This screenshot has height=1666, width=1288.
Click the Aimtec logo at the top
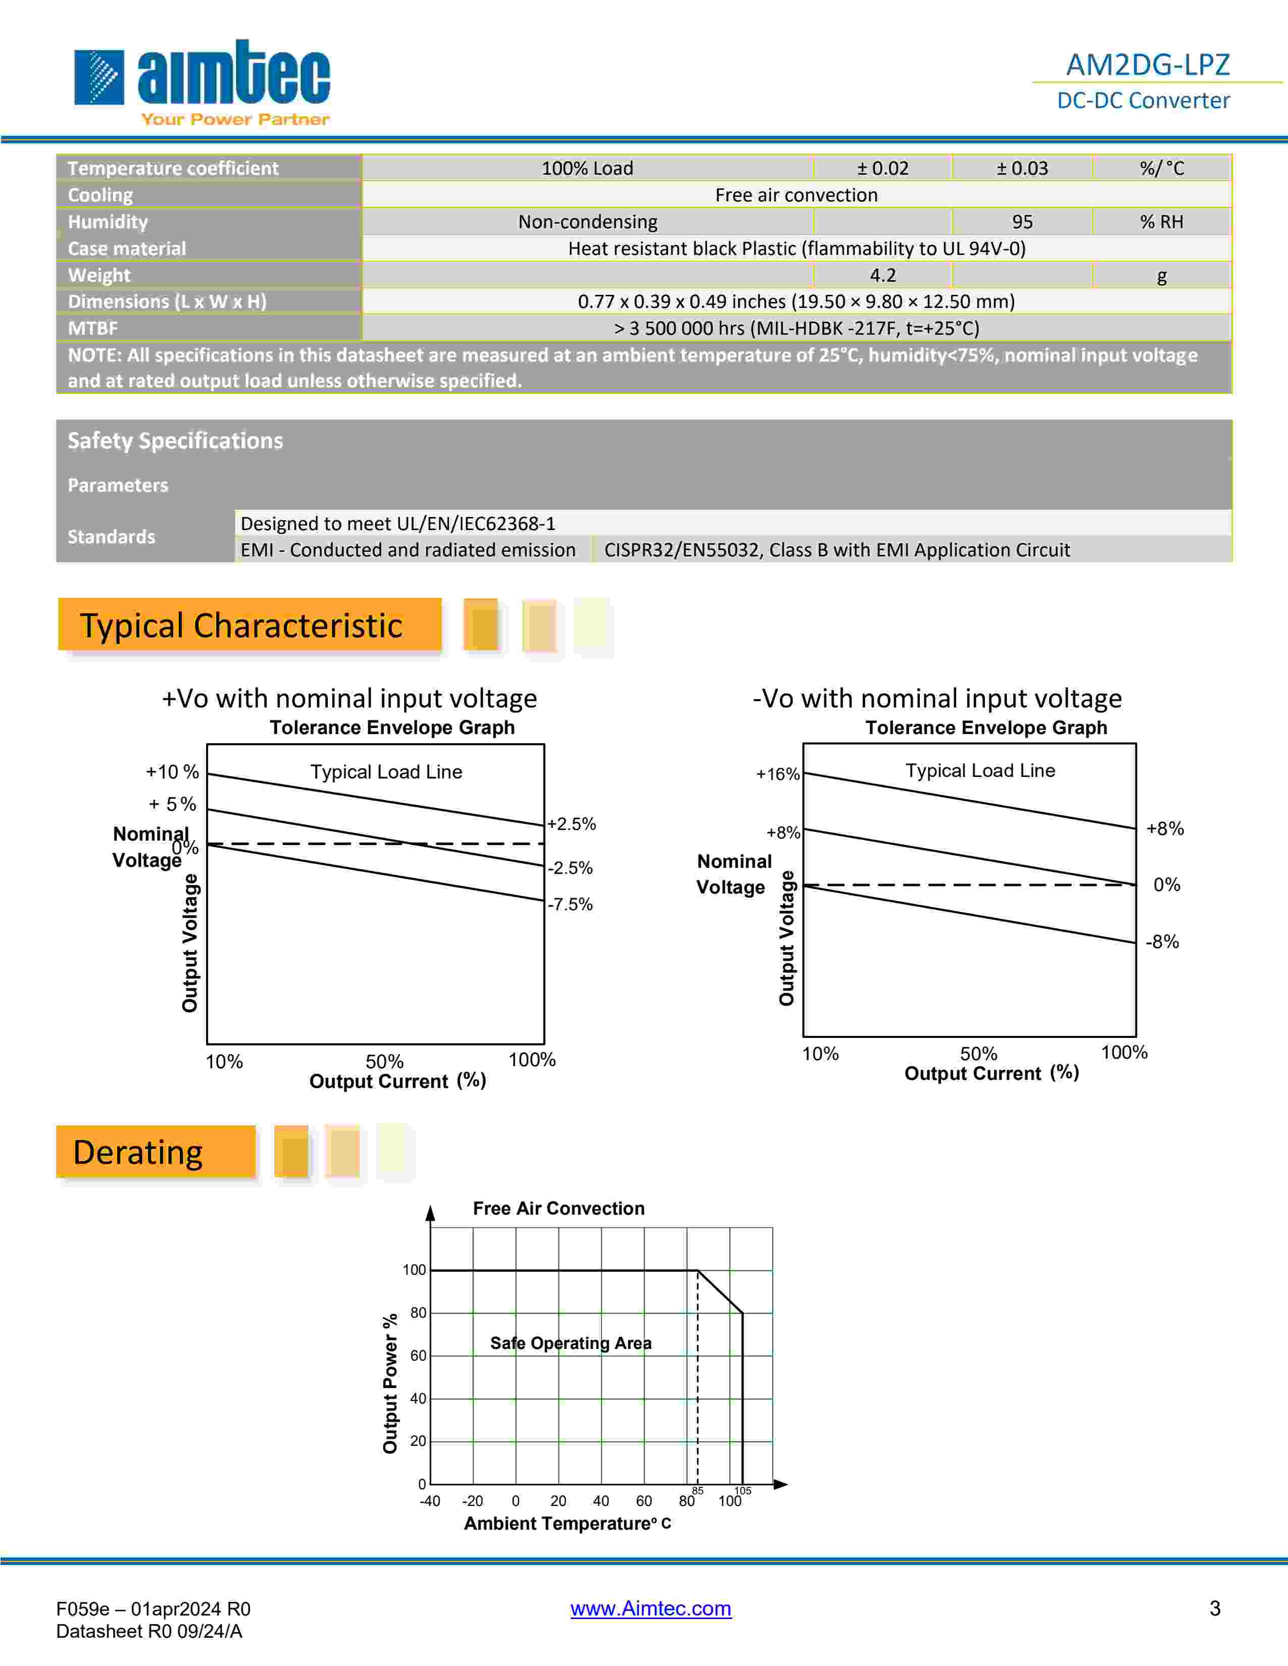[x=202, y=80]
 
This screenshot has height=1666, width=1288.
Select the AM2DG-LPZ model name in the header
[x=1147, y=65]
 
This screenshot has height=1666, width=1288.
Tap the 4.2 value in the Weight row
[x=883, y=275]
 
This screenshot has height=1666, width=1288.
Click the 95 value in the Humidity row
[x=1022, y=222]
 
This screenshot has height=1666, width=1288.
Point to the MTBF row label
[x=93, y=328]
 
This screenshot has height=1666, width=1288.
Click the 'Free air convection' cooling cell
[x=796, y=195]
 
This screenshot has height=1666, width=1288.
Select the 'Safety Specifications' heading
[x=175, y=441]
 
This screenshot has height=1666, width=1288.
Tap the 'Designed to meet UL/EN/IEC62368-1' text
[x=398, y=524]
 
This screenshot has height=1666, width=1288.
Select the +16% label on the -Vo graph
[x=777, y=774]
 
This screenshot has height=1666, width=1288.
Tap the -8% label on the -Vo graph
[x=1162, y=942]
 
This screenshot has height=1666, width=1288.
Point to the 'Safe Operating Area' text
[x=571, y=1343]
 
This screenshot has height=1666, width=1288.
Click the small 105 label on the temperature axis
[x=742, y=1490]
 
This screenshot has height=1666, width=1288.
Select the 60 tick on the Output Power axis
[x=418, y=1356]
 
